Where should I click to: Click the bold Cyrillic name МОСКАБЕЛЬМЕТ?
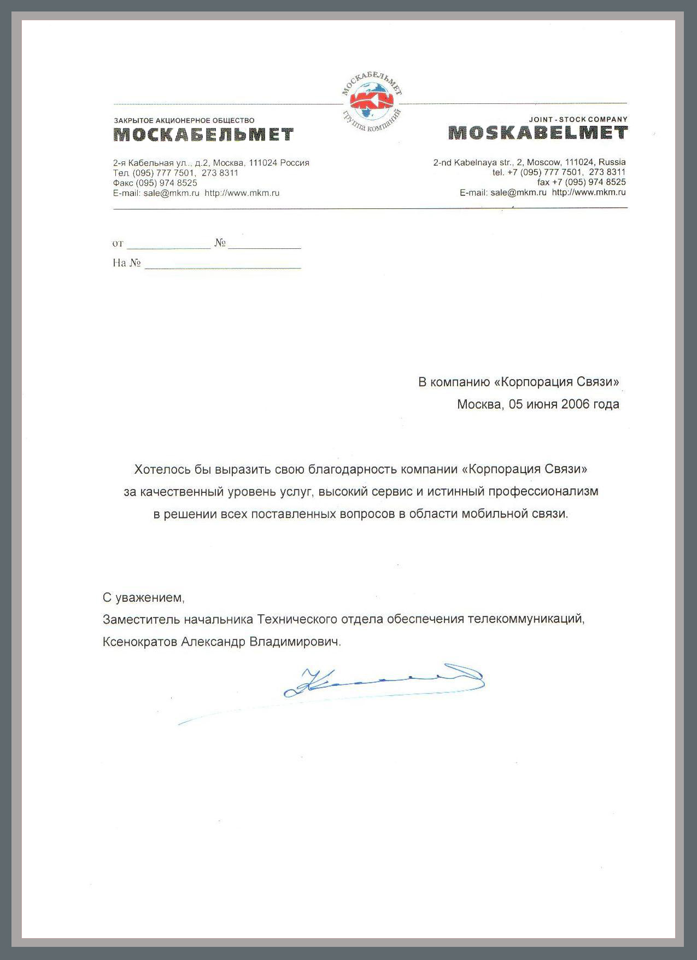click(203, 135)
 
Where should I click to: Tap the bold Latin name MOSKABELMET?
click(538, 133)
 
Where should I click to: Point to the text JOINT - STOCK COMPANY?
click(578, 119)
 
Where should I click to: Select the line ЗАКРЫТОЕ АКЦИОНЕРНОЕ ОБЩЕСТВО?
click(184, 120)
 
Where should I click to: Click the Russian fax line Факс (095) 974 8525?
click(155, 183)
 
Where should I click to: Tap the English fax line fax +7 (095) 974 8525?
click(581, 182)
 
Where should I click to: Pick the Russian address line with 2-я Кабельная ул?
click(211, 162)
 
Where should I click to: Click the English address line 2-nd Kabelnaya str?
click(529, 162)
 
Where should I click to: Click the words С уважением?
click(144, 597)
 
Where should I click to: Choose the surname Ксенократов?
click(139, 642)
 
